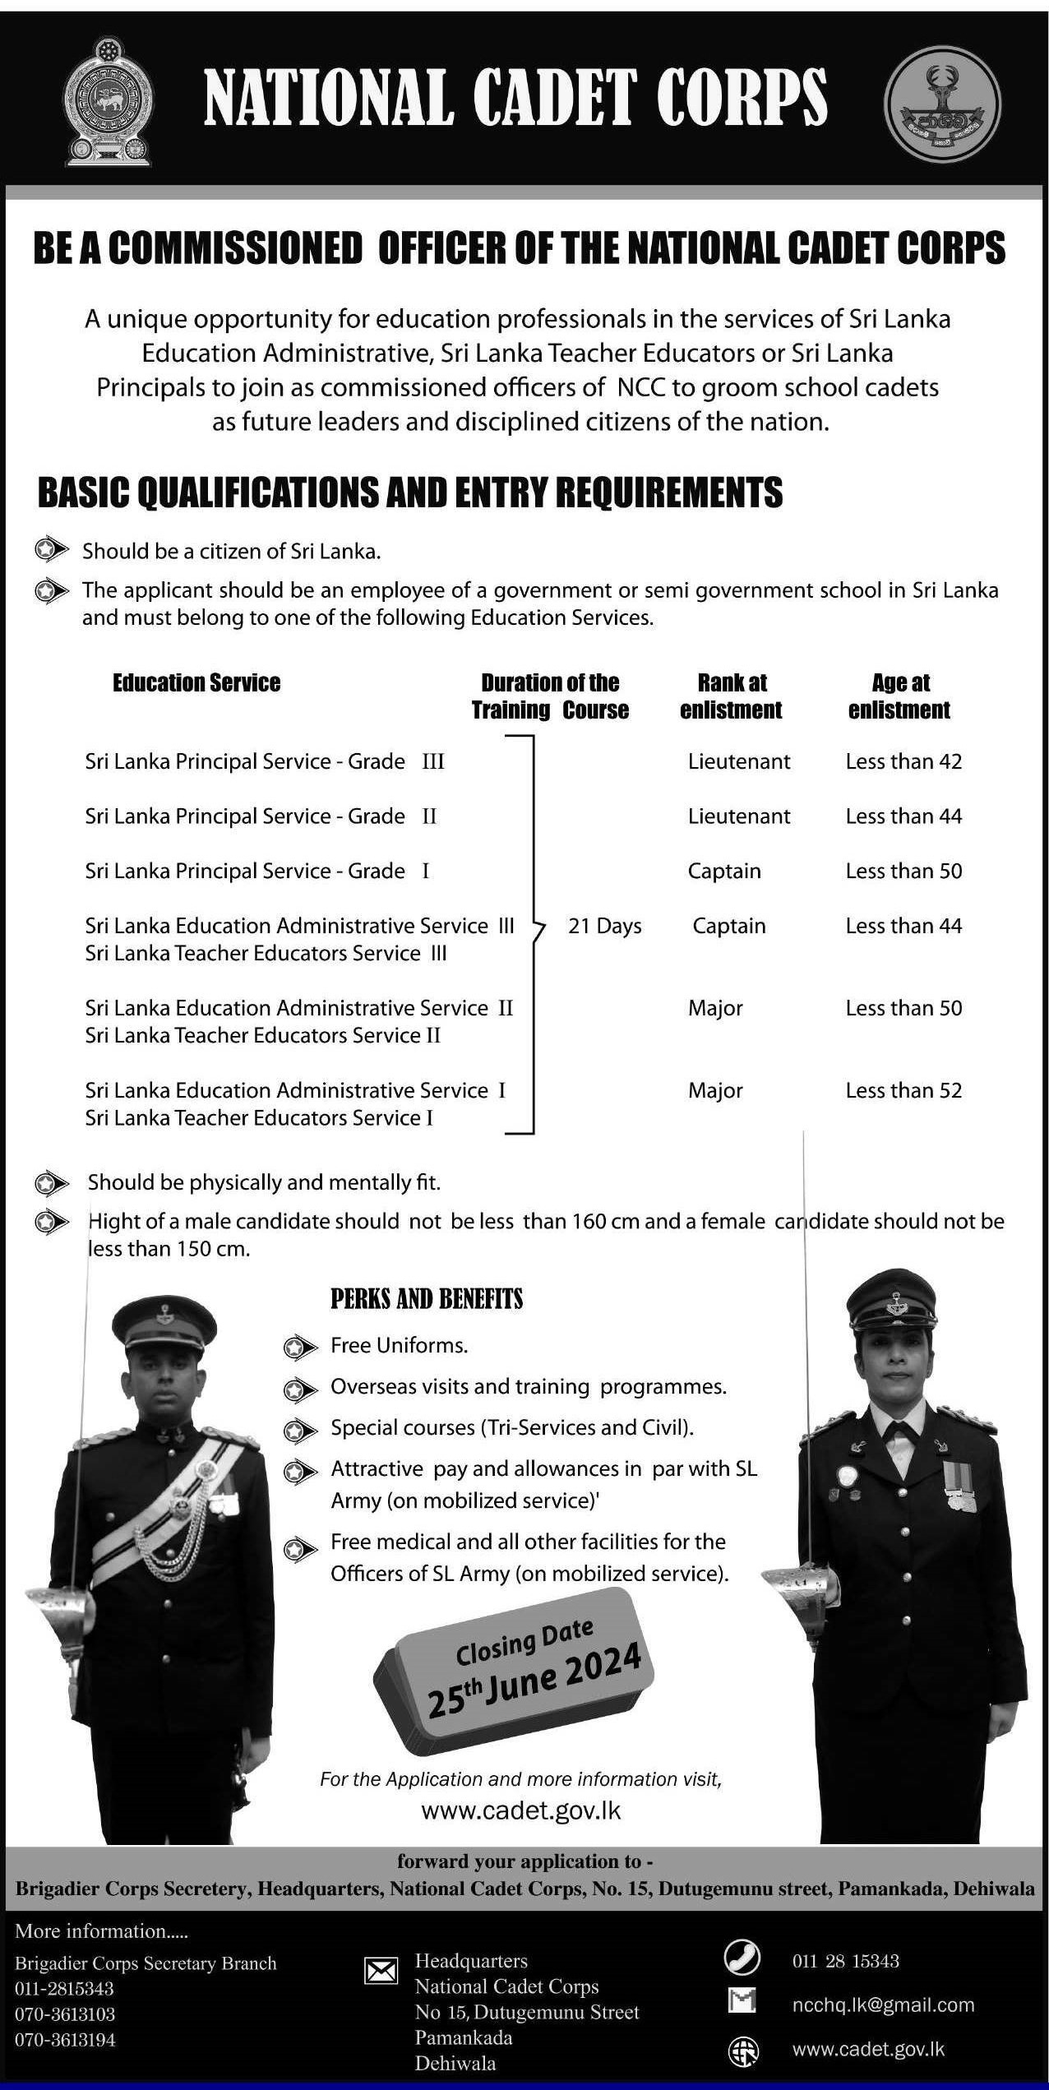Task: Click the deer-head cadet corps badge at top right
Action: [x=942, y=104]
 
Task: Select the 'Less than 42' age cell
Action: [x=903, y=761]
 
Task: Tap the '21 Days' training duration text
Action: [x=604, y=926]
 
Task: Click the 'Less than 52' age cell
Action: [x=903, y=1090]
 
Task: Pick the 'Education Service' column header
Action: [x=196, y=683]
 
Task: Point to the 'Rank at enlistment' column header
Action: [x=731, y=696]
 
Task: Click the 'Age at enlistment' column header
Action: [x=899, y=696]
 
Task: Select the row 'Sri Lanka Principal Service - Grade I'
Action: [x=257, y=871]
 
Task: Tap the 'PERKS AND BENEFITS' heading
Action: [x=427, y=1299]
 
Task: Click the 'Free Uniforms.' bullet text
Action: [x=399, y=1346]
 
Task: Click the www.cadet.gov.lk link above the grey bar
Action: [x=520, y=1810]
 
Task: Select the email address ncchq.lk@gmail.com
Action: [x=883, y=2005]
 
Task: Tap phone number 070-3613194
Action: [x=65, y=2040]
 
